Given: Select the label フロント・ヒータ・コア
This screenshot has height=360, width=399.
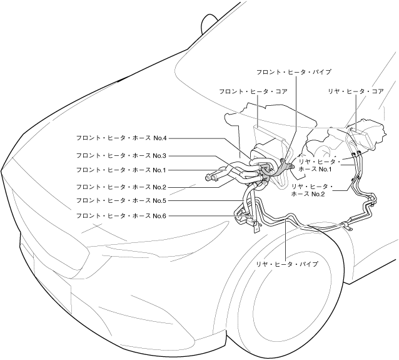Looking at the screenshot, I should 253,91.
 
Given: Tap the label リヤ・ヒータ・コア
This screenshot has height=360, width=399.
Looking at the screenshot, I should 355,91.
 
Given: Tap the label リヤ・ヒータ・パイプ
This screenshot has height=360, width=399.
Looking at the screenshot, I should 286,265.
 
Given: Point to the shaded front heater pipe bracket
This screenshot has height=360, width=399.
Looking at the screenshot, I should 286,168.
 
